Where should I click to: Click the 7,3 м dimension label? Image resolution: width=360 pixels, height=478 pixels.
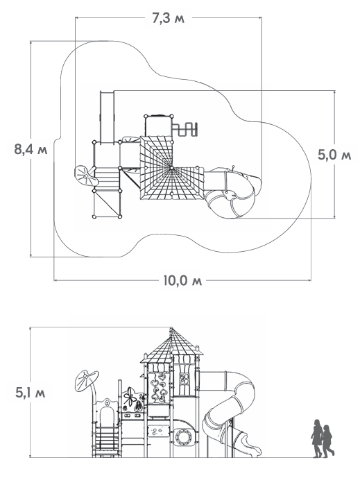169,19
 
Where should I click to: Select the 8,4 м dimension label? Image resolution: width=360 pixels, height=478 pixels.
31,150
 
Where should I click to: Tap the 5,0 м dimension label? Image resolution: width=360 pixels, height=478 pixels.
334,155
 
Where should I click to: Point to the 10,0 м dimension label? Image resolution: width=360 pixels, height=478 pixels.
182,280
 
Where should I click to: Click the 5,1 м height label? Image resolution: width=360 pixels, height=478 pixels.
31,393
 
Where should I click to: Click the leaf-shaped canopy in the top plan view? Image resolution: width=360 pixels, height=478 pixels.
85,176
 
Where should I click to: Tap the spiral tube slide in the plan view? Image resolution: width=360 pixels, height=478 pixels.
233,192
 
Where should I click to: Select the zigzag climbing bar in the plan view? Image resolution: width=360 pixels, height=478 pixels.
185,129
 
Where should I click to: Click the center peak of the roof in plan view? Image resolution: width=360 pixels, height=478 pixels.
171,168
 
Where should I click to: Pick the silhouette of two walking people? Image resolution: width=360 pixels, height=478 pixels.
323,438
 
